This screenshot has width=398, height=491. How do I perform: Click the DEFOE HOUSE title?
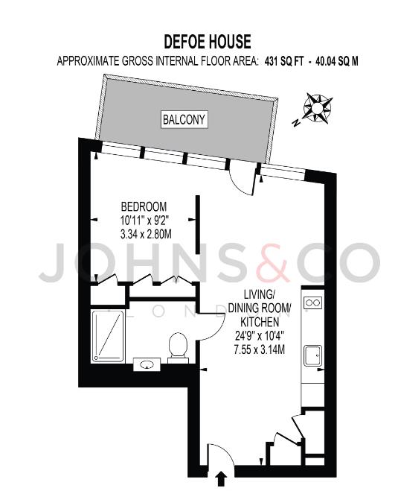tap(208, 42)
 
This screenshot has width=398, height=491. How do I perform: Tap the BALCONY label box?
tap(184, 119)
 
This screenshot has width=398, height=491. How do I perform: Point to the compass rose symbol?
tap(317, 108)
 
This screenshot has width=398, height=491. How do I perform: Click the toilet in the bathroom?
tap(178, 348)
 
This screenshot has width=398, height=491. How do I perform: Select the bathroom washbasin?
tap(147, 364)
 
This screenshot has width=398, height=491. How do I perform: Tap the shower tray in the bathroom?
tap(108, 336)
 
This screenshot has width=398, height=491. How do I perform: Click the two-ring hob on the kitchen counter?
tap(313, 302)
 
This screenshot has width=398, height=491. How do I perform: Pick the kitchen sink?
tap(313, 355)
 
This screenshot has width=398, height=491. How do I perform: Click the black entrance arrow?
tap(221, 479)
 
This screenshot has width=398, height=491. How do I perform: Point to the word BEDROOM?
tap(144, 207)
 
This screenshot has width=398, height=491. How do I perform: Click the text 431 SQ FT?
tap(284, 61)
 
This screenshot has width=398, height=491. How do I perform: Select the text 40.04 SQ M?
tap(337, 61)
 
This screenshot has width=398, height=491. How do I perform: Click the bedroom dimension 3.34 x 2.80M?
tap(146, 234)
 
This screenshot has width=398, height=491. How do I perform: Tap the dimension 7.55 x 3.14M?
tap(259, 349)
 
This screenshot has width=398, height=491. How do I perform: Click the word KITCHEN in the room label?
tap(259, 322)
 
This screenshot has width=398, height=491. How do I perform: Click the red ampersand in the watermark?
tap(273, 262)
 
